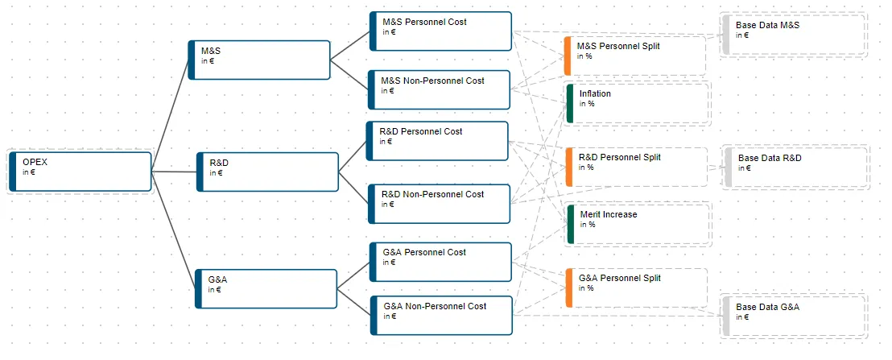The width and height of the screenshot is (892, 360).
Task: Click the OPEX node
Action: [x=81, y=172]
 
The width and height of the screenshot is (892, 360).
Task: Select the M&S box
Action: [x=259, y=60]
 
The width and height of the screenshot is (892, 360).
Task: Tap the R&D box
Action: [x=267, y=172]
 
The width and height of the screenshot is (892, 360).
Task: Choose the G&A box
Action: [x=266, y=289]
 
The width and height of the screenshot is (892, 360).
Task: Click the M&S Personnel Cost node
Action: [x=440, y=31]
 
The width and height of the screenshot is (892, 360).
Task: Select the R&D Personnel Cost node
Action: [x=437, y=140]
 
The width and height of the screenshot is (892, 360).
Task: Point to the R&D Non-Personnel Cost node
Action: [x=440, y=204]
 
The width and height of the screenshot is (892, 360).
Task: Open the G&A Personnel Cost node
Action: [x=440, y=262]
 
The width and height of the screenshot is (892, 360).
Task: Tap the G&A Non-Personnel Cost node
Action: [x=441, y=316]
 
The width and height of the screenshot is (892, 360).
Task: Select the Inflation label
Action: [x=595, y=93]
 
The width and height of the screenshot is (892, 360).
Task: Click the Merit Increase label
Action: [x=609, y=214]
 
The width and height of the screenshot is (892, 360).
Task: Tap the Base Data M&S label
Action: [x=767, y=25]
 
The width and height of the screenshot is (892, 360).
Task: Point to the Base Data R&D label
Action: [x=770, y=158]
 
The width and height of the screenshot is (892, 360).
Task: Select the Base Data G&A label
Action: [x=767, y=307]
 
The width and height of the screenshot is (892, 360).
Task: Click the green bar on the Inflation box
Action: [x=569, y=104]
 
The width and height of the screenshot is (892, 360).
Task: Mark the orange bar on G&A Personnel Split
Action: [x=568, y=288]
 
